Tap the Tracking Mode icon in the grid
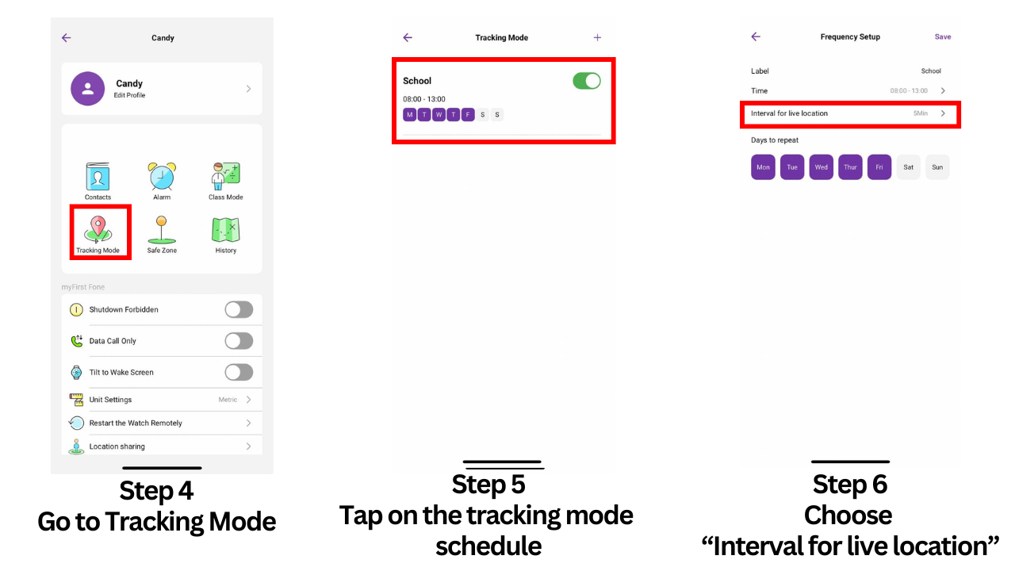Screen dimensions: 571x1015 (x=98, y=229)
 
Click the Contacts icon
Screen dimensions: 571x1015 (x=98, y=177)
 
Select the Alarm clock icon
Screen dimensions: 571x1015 (x=162, y=177)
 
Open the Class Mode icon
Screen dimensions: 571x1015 (x=226, y=177)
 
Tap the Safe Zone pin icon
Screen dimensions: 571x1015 (x=162, y=229)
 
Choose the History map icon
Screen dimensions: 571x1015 (x=226, y=229)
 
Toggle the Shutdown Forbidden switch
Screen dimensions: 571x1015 (x=239, y=309)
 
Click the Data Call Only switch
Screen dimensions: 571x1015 (x=239, y=341)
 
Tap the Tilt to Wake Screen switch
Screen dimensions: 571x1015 (x=239, y=372)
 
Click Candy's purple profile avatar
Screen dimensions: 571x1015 (x=87, y=89)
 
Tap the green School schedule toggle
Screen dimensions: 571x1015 (x=587, y=81)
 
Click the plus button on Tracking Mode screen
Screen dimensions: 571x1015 (x=597, y=37)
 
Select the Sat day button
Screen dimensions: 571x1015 (x=908, y=167)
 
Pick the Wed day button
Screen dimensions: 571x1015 (x=821, y=167)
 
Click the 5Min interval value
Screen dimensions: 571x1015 (x=920, y=113)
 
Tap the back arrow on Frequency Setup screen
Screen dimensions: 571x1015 (x=756, y=36)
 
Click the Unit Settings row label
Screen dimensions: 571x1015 (x=110, y=400)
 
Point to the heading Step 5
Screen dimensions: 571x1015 (x=488, y=484)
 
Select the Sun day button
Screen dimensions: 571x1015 (x=937, y=167)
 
